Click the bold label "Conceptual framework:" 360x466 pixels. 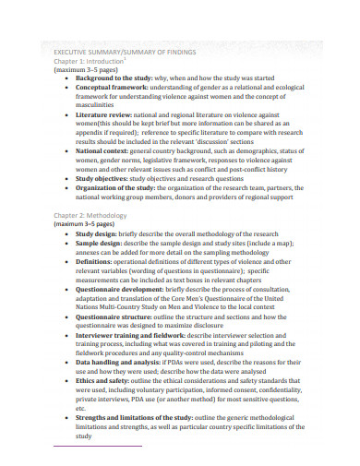coord(114,90)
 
